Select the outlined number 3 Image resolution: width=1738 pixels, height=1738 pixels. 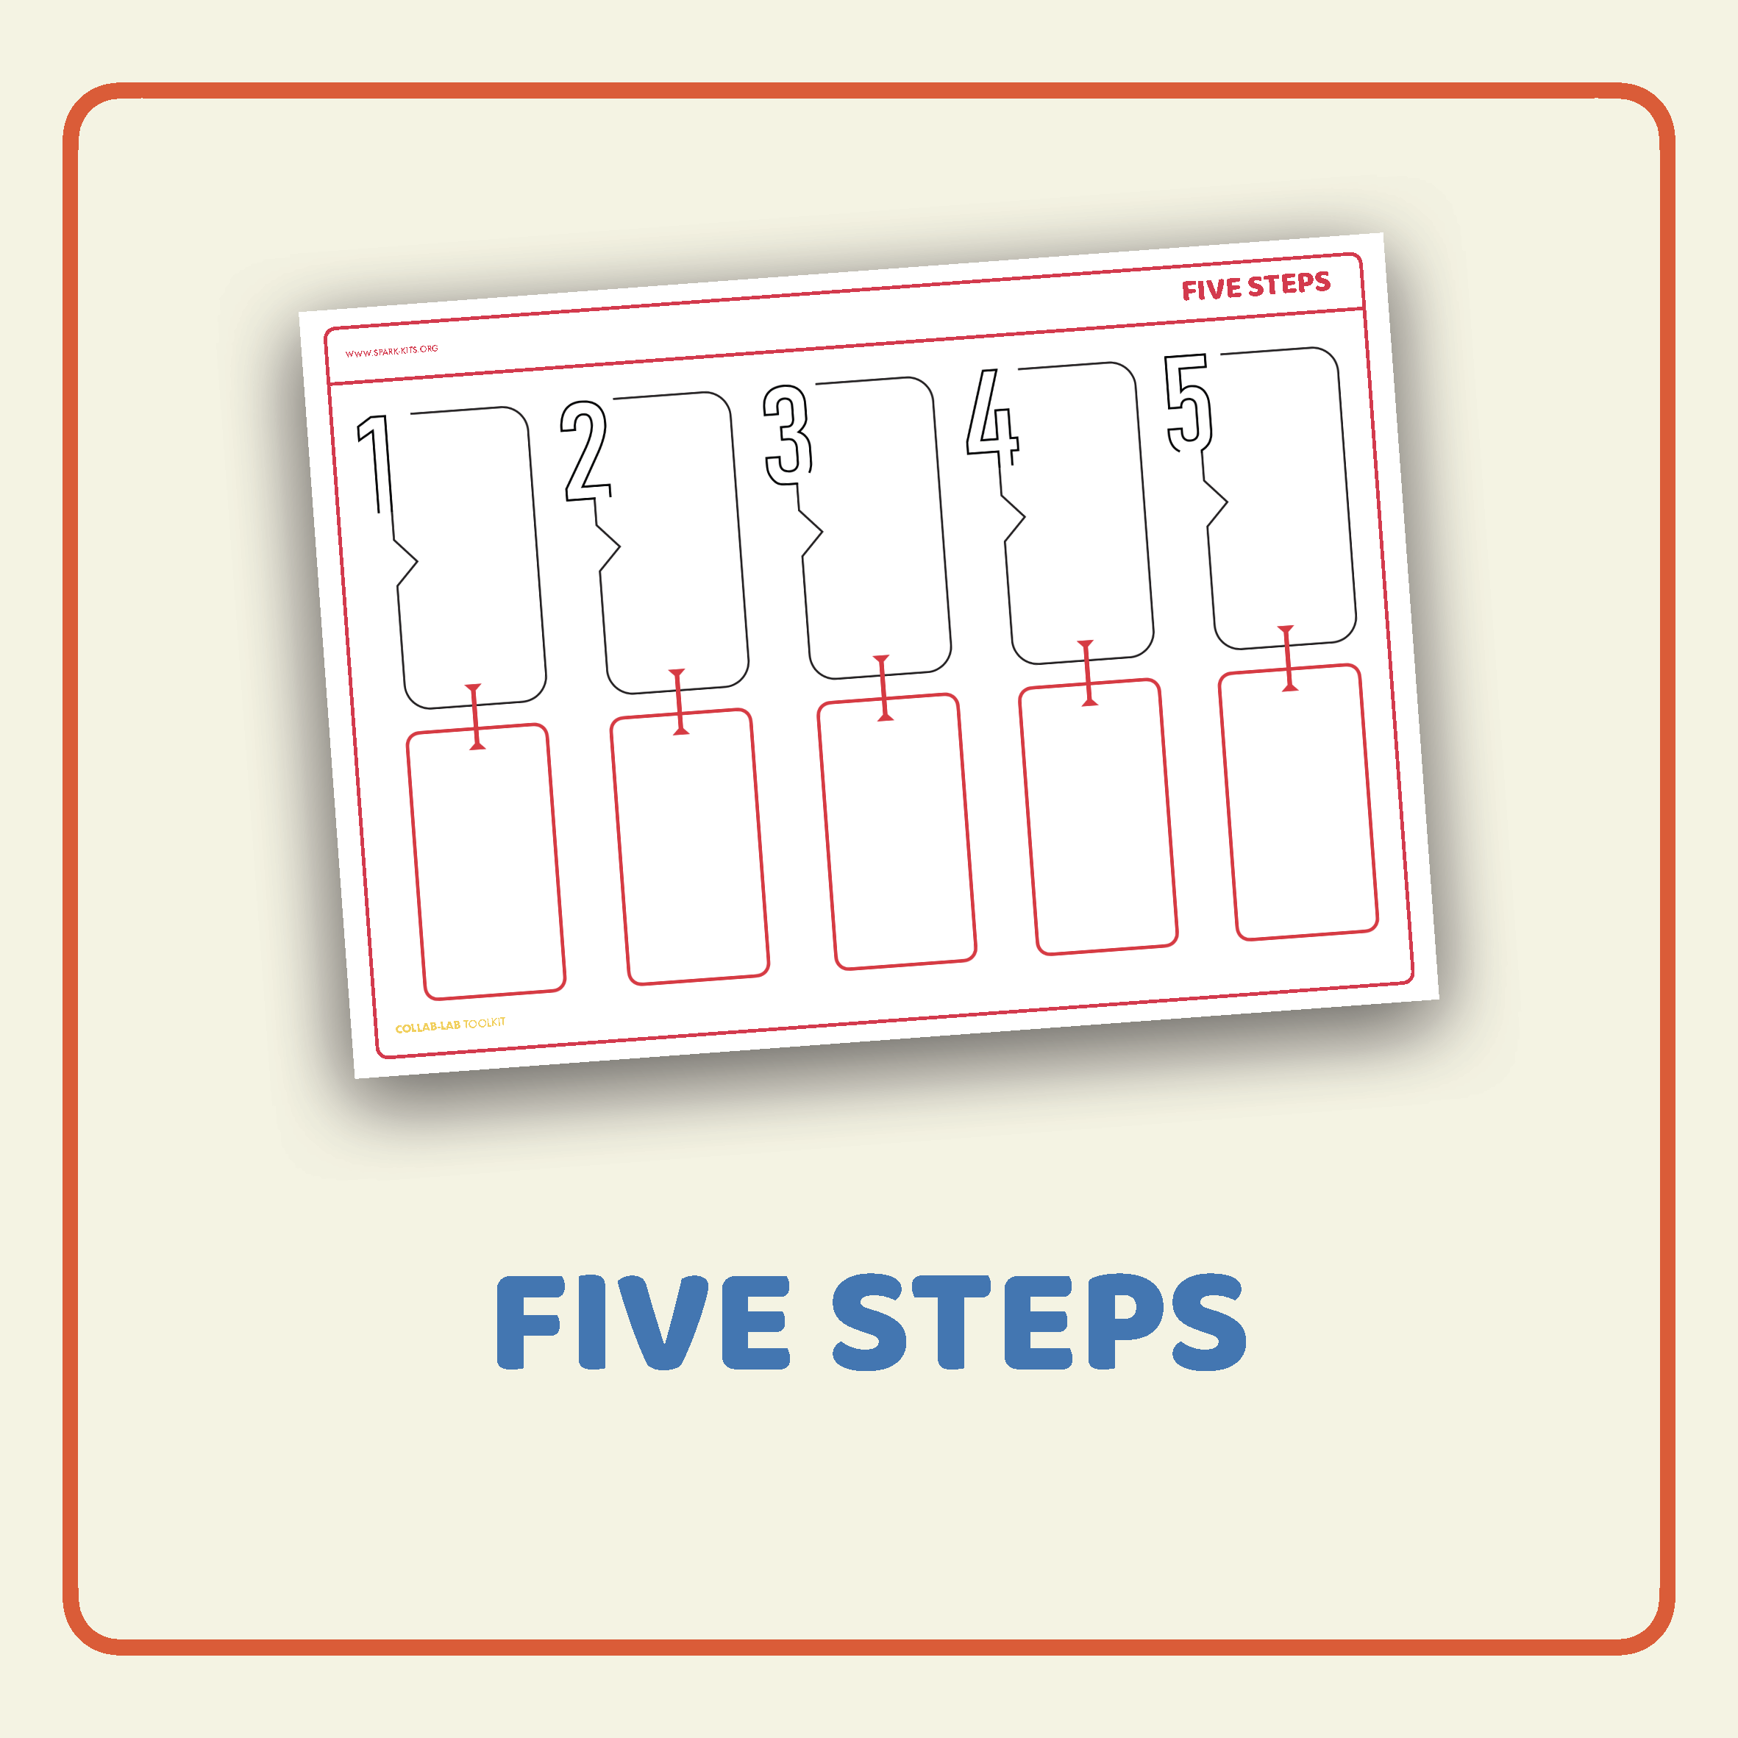pos(788,434)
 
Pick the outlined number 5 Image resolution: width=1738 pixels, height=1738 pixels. pos(1189,402)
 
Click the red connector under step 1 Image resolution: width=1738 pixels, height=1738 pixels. pos(475,716)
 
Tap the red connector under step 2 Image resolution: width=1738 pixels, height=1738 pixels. pos(678,702)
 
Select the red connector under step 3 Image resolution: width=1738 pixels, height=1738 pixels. pos(883,687)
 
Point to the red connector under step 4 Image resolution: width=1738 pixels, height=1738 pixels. pos(1086,673)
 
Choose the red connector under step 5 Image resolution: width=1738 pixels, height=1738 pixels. pos(1287,658)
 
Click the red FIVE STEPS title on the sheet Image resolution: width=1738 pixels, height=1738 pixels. pos(1256,286)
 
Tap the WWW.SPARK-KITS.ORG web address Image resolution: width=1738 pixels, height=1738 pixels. pos(391,350)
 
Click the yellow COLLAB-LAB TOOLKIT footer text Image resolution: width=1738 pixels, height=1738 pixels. pos(451,1025)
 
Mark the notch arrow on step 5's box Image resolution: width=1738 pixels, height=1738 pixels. pos(1217,503)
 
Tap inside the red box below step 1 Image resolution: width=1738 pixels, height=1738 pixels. pos(485,861)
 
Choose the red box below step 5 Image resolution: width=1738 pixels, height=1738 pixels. pos(1298,802)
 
